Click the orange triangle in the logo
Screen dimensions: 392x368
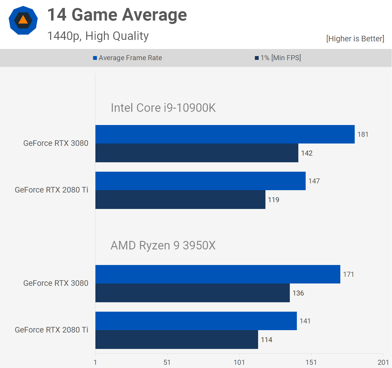23,20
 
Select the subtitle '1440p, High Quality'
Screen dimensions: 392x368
98,36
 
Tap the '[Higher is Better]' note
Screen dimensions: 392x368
355,39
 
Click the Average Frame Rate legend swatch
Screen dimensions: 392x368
95,58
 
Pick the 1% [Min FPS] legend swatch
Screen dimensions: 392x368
257,58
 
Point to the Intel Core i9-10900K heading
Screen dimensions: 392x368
163,108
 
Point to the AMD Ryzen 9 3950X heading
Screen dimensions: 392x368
163,245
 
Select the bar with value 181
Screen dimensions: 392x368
225,134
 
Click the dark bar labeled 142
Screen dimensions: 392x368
197,153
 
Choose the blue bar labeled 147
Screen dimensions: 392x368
201,181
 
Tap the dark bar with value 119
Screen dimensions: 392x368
180,200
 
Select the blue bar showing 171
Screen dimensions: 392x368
218,274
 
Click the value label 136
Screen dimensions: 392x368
298,293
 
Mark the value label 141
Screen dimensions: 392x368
305,321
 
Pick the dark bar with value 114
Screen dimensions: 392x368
177,340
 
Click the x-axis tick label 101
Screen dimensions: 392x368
239,362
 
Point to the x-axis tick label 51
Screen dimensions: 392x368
167,362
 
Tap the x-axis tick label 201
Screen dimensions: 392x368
383,362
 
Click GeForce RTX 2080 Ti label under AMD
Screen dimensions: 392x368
51,330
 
